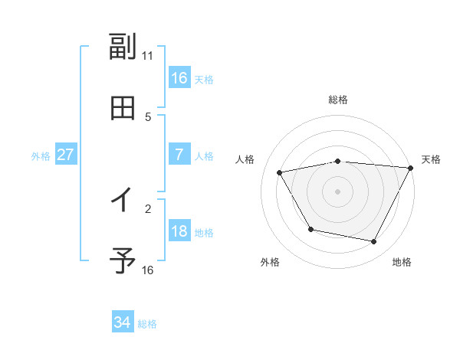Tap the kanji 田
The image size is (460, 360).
pyautogui.click(x=123, y=108)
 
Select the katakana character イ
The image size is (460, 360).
pyautogui.click(x=123, y=201)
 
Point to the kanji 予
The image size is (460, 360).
pyautogui.click(x=123, y=261)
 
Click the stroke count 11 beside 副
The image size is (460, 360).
pyautogui.click(x=148, y=56)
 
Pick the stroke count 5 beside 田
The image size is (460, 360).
pyautogui.click(x=148, y=116)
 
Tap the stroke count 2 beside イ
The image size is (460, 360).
pyautogui.click(x=148, y=208)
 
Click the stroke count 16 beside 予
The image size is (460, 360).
pyautogui.click(x=148, y=270)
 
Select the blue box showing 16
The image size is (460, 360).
pyautogui.click(x=179, y=78)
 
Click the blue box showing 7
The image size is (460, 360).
pyautogui.click(x=179, y=155)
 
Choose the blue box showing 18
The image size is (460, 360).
pyautogui.click(x=179, y=231)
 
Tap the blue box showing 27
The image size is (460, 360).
pyautogui.click(x=66, y=155)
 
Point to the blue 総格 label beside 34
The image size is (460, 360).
pyautogui.click(x=147, y=324)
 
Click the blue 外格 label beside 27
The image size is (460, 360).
pyautogui.click(x=41, y=156)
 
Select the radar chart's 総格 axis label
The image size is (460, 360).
pyautogui.click(x=338, y=100)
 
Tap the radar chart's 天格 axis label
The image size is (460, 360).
pyautogui.click(x=431, y=159)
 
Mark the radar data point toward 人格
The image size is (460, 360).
pyautogui.click(x=280, y=172)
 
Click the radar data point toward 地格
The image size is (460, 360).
pyautogui.click(x=374, y=242)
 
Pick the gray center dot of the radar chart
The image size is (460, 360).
pyautogui.click(x=338, y=191)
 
